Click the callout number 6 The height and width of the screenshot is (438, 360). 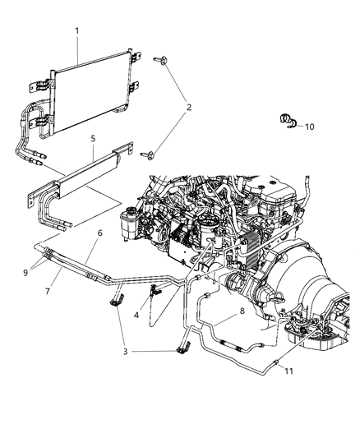tap(99, 233)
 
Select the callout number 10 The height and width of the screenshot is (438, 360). tap(310, 127)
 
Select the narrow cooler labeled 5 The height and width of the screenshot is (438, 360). tap(82, 173)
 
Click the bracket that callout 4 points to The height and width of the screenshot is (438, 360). tap(154, 289)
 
